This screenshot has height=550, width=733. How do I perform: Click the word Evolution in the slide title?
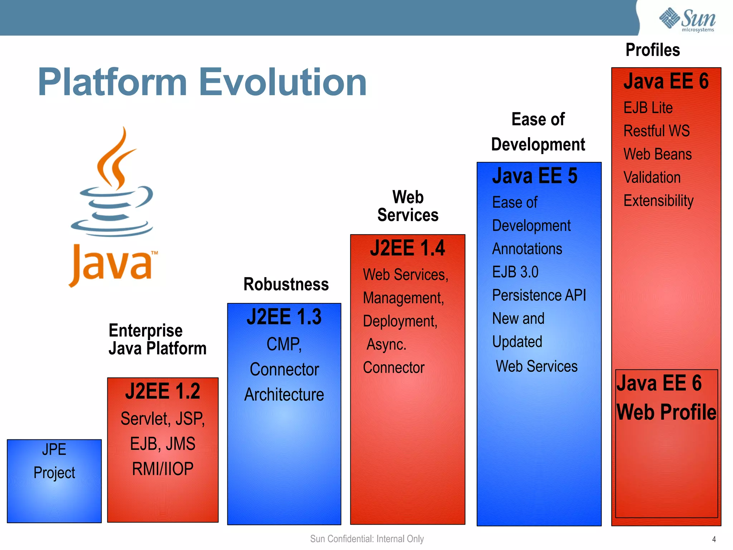pos(283,82)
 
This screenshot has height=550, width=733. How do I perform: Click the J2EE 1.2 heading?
pos(162,391)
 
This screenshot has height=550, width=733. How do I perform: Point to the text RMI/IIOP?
pos(162,469)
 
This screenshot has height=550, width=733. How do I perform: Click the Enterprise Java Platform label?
pos(157,339)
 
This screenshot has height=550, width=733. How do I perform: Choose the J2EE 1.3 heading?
pos(284,317)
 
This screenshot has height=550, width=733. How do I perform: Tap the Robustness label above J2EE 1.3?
pos(286,284)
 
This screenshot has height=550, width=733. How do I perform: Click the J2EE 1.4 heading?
pos(407,248)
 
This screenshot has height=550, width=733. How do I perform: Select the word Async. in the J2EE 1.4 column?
pos(387,344)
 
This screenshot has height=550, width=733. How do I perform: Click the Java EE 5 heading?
pos(535,176)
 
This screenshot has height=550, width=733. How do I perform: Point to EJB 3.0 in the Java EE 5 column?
pos(515,272)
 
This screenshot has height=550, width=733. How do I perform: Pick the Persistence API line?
pos(539,295)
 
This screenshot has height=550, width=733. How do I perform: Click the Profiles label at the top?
pos(652,50)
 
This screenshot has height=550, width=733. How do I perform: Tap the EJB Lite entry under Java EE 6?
pos(648,108)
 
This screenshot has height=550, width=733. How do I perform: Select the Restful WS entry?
pos(656,131)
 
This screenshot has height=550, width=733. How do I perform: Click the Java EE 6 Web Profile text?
pos(666,397)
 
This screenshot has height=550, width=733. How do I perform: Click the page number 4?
pos(714,539)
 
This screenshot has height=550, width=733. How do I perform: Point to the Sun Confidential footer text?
pos(367,539)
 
